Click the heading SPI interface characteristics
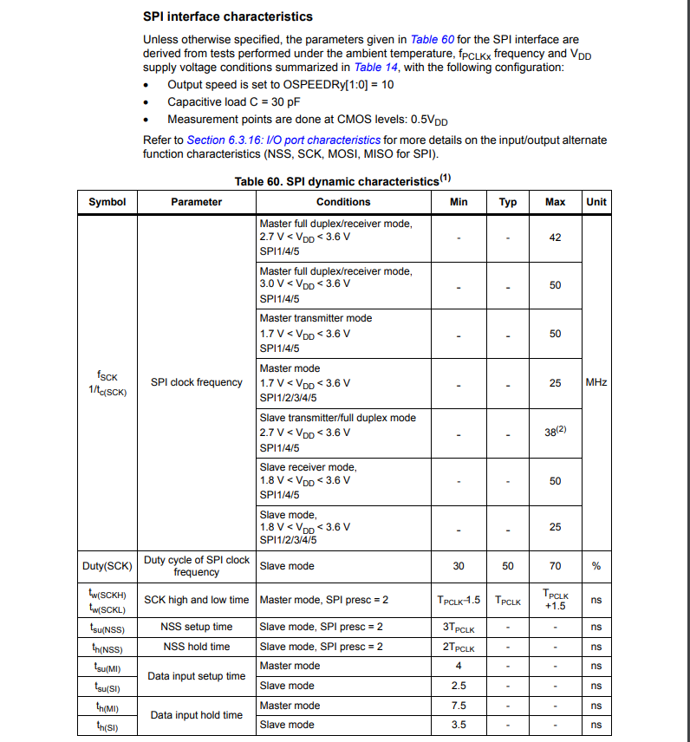pyautogui.click(x=228, y=16)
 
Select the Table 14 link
pyautogui.click(x=375, y=67)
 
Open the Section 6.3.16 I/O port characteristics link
pyautogui.click(x=283, y=140)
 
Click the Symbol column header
pyautogui.click(x=107, y=202)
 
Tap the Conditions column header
pyautogui.click(x=343, y=202)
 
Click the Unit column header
pyautogui.click(x=596, y=202)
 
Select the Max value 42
pyautogui.click(x=555, y=238)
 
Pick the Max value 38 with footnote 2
pyautogui.click(x=556, y=432)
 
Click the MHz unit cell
pyautogui.click(x=596, y=382)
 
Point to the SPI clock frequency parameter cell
pyautogui.click(x=197, y=382)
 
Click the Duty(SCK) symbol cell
pyautogui.click(x=107, y=566)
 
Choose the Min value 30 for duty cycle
pyautogui.click(x=459, y=566)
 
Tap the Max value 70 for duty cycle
pyautogui.click(x=555, y=566)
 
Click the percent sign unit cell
pyautogui.click(x=596, y=566)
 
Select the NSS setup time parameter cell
pyautogui.click(x=197, y=627)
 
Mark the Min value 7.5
pyautogui.click(x=459, y=706)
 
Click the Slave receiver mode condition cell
pyautogui.click(x=343, y=480)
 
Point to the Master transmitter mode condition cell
pyautogui.click(x=343, y=333)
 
